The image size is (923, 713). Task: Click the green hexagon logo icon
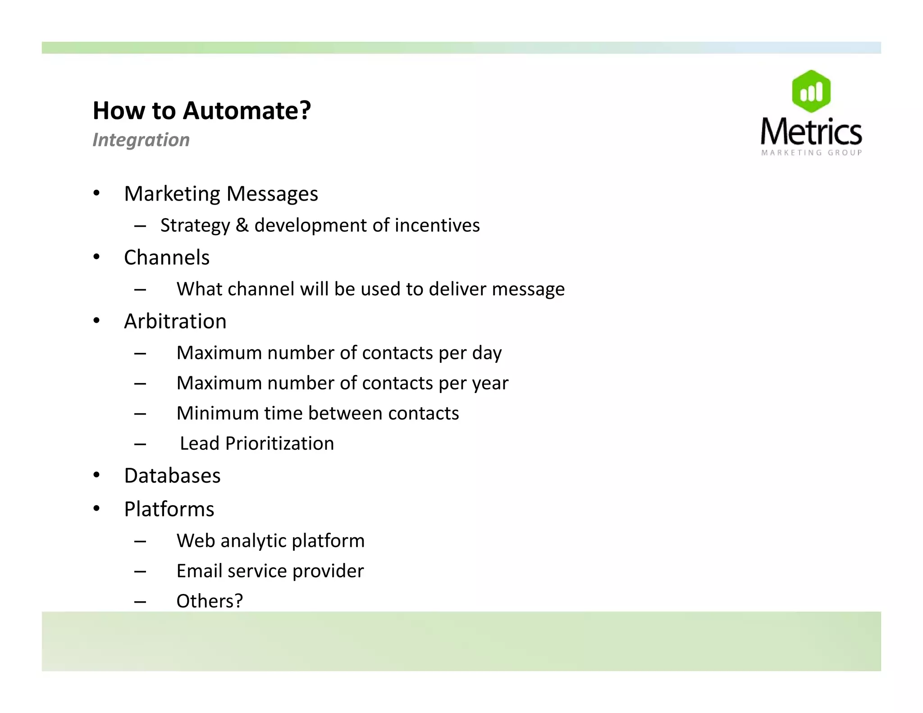click(x=811, y=91)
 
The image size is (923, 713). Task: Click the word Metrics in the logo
click(x=811, y=132)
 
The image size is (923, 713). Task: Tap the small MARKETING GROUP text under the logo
click(x=811, y=153)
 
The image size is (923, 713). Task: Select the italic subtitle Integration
click(x=141, y=140)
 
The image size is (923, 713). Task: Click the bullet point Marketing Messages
click(x=221, y=194)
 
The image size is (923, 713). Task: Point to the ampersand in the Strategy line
click(x=242, y=225)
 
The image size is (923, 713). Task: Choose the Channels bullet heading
click(x=167, y=258)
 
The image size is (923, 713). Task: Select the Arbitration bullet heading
click(x=175, y=321)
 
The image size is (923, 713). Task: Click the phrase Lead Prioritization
click(x=257, y=443)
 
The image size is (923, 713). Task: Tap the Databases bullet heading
click(x=172, y=476)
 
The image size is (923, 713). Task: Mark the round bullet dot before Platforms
click(x=96, y=509)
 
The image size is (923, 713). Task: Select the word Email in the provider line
click(x=199, y=571)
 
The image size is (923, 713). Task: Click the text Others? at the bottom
click(x=210, y=601)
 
